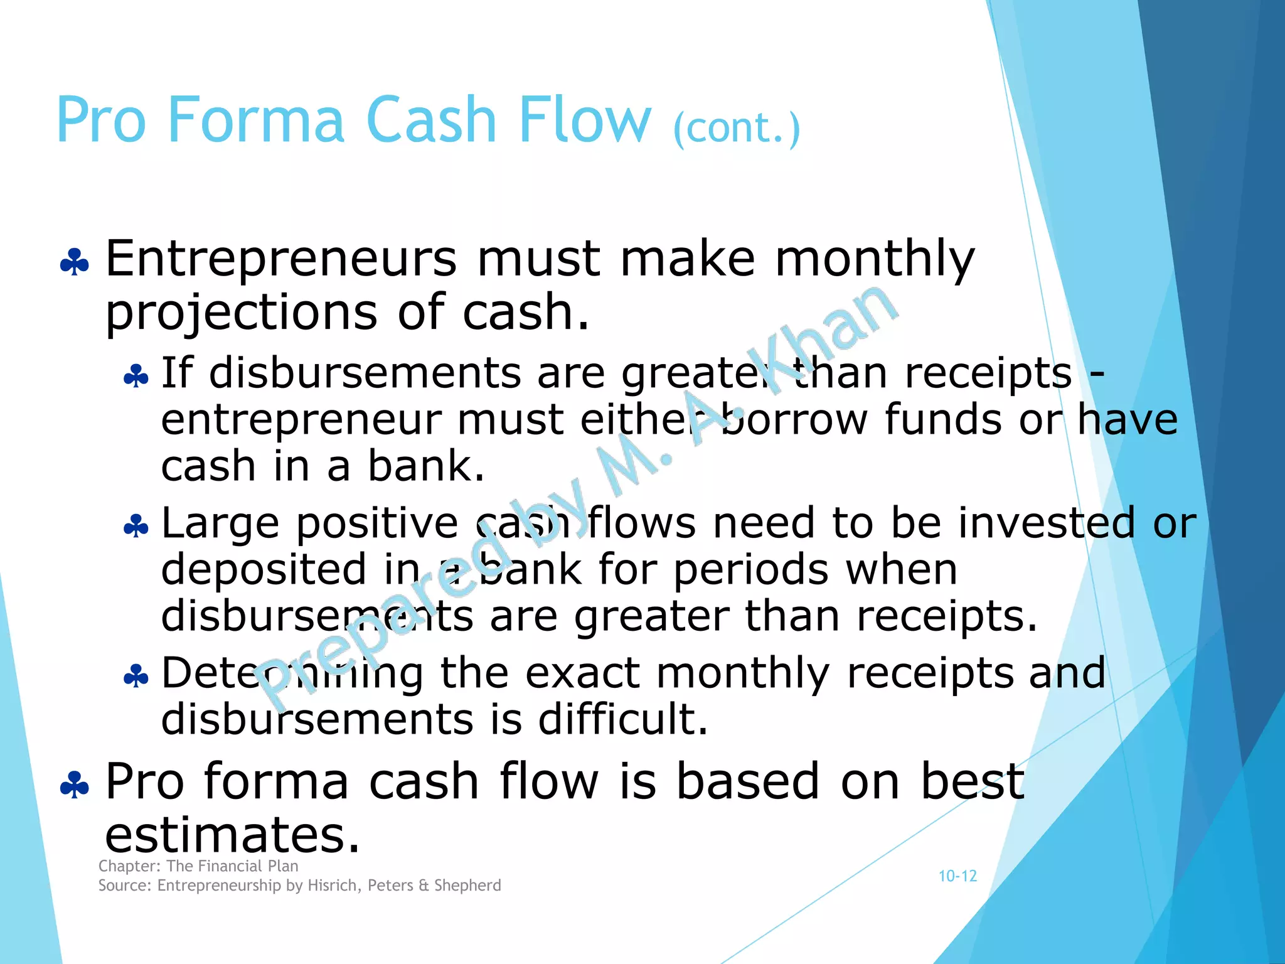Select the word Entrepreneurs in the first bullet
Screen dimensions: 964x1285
pos(281,259)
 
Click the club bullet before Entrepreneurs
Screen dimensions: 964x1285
pos(75,262)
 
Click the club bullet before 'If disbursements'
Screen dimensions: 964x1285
pos(136,377)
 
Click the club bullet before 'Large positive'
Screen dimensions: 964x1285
pos(136,526)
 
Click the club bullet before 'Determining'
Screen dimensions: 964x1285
pos(136,677)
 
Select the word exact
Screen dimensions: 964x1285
pos(582,673)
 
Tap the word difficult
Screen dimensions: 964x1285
pos(623,719)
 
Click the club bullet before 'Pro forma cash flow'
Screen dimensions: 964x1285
pos(75,785)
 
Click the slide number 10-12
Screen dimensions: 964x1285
pos(957,876)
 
